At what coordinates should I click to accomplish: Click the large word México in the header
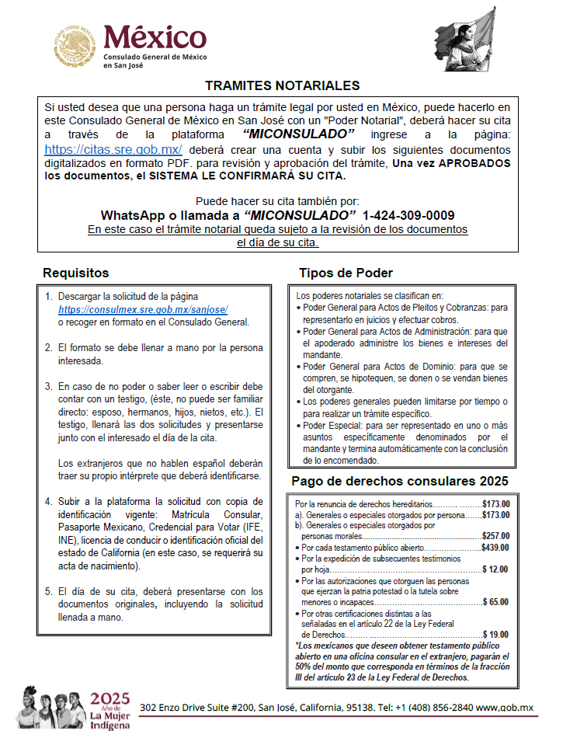click(155, 36)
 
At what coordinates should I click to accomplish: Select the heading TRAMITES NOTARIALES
click(282, 85)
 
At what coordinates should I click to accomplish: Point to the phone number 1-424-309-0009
click(408, 215)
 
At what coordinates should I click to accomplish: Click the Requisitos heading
click(76, 273)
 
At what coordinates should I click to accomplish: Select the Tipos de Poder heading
click(346, 273)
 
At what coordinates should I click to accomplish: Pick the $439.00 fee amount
click(495, 547)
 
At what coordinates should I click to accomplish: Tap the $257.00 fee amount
click(495, 536)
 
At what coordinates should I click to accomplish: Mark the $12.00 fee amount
click(496, 569)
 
